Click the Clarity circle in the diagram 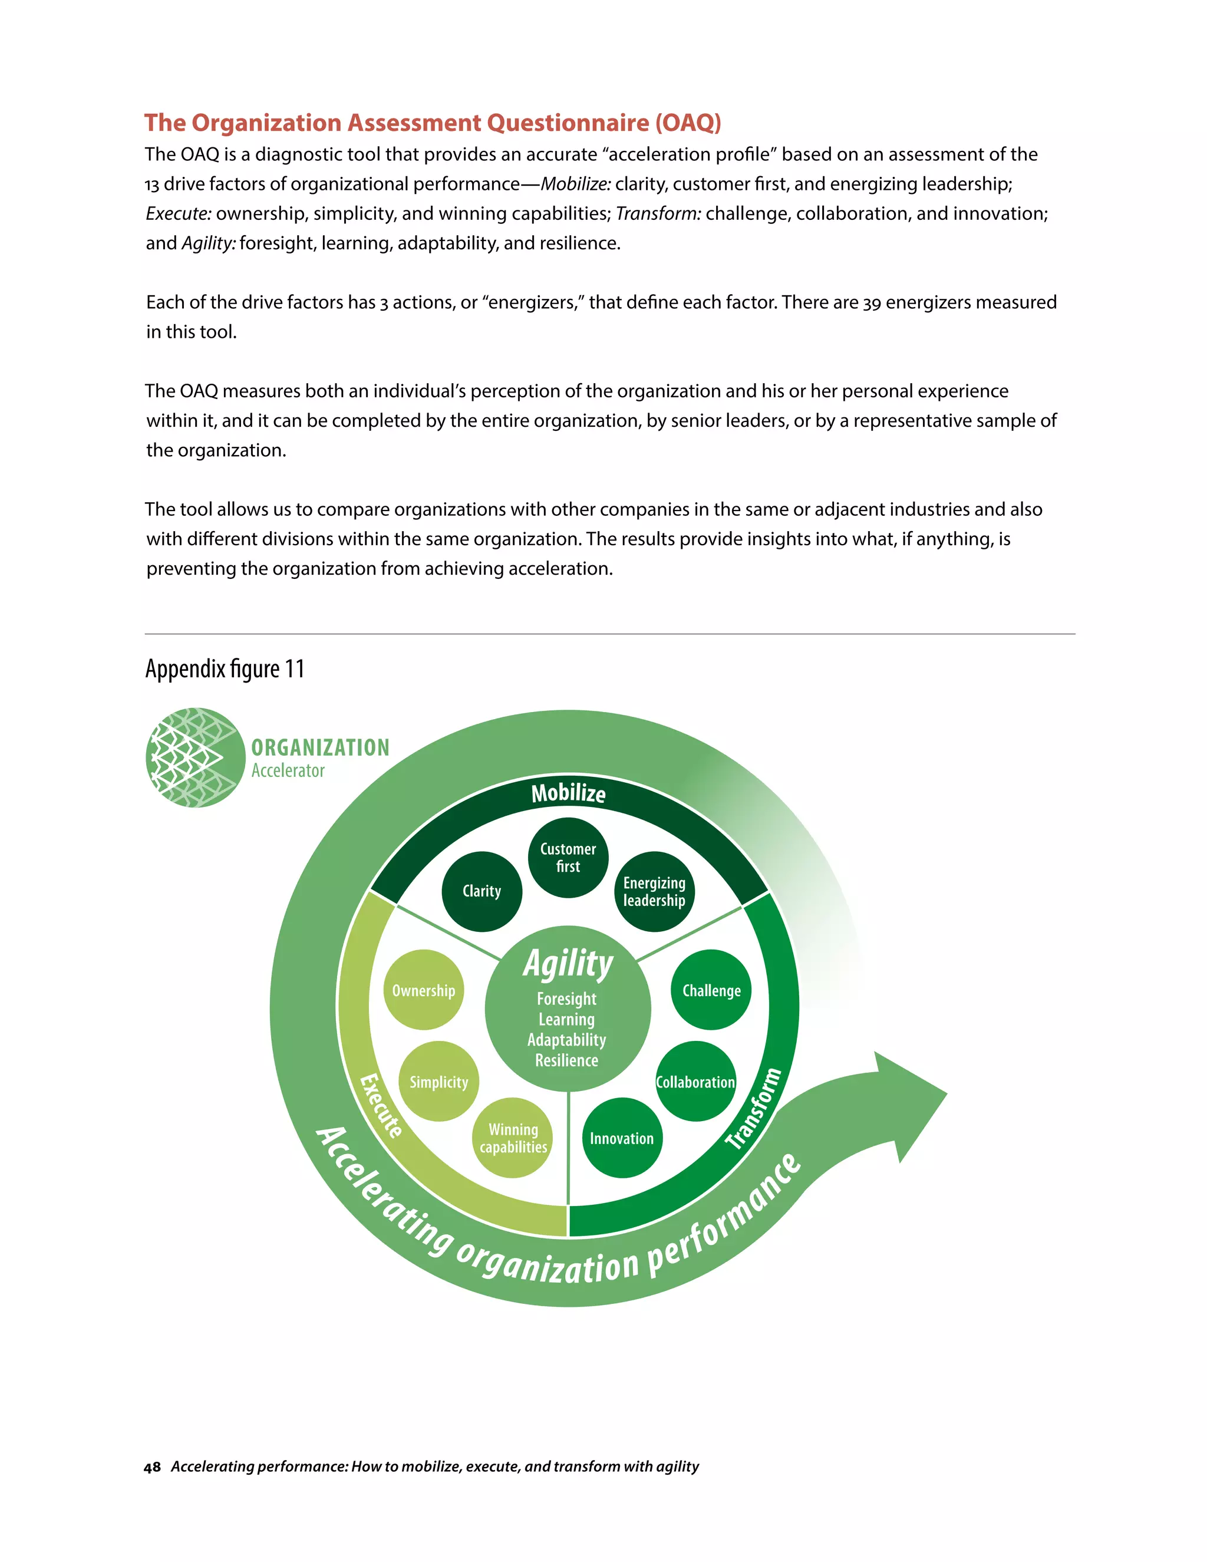[482, 891]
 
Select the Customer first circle [568, 858]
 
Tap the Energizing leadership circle [654, 892]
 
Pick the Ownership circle [423, 991]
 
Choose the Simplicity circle [438, 1082]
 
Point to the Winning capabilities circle [513, 1138]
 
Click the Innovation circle [621, 1138]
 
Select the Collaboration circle [695, 1082]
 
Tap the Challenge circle [711, 991]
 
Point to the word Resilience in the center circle [566, 1060]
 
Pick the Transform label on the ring [754, 1109]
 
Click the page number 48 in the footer [151, 1467]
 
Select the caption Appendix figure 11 [225, 669]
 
